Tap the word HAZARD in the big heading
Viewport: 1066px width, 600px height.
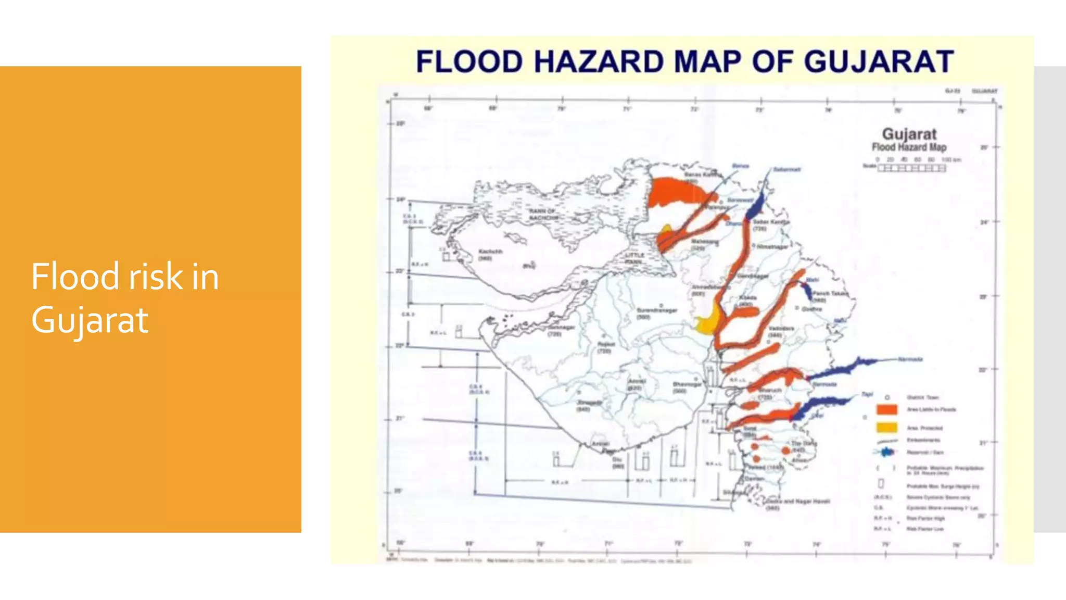pyautogui.click(x=599, y=61)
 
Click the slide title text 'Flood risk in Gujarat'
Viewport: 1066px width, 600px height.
pyautogui.click(x=125, y=297)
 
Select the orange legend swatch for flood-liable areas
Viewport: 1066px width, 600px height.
pyautogui.click(x=886, y=410)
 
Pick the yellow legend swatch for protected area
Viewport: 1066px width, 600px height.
pyautogui.click(x=886, y=428)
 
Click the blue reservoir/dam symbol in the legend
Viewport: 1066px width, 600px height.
pyautogui.click(x=886, y=452)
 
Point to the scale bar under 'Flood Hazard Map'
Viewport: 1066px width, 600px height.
pyautogui.click(x=911, y=168)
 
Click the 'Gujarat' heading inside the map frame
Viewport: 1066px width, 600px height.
pyautogui.click(x=909, y=134)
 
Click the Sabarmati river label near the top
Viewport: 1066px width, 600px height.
pyautogui.click(x=786, y=169)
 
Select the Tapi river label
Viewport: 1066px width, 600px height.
pyautogui.click(x=867, y=394)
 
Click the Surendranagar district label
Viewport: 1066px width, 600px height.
pyautogui.click(x=656, y=310)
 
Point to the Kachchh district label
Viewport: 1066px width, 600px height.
pyautogui.click(x=490, y=252)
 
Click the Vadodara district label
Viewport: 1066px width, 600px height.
pyautogui.click(x=781, y=329)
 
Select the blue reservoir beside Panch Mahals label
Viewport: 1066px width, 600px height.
pyautogui.click(x=806, y=292)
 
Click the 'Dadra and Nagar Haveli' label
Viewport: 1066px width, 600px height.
pyautogui.click(x=799, y=501)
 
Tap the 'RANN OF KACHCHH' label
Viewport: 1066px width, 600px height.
pyautogui.click(x=543, y=214)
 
